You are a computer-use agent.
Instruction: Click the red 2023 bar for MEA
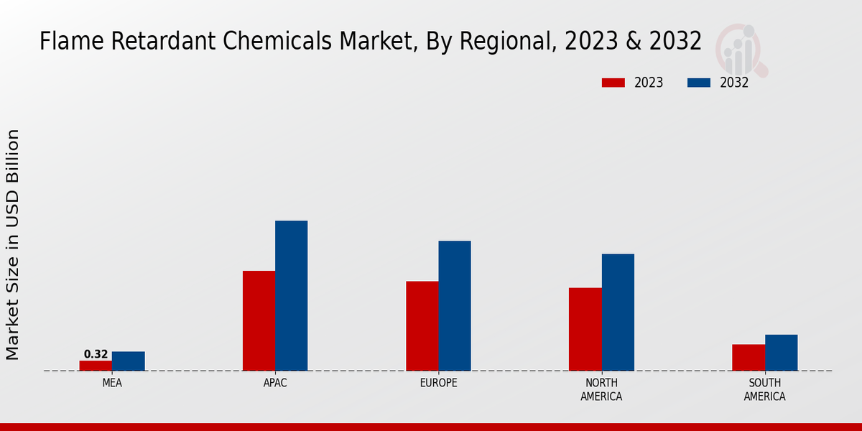96,366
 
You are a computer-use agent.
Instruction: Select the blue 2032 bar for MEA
128,361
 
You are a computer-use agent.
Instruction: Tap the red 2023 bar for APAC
259,320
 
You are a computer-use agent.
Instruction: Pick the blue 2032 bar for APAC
291,295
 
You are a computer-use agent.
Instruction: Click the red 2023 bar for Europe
422,325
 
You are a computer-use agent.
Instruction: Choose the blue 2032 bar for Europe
455,305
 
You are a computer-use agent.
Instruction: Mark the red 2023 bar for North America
585,329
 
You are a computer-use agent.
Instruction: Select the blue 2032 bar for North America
618,312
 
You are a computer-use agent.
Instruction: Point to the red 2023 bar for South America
749,357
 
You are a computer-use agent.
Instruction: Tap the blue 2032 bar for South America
781,352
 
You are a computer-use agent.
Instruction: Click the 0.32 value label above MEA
96,354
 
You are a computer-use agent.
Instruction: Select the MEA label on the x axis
112,383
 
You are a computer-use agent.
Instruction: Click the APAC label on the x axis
275,383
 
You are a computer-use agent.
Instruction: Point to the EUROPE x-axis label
438,383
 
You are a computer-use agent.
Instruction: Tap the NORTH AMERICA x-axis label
601,389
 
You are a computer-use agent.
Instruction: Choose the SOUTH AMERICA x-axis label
764,389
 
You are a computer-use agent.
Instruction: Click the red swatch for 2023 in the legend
613,83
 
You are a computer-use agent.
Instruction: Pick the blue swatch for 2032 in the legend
699,83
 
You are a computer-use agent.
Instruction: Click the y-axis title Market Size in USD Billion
13,244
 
